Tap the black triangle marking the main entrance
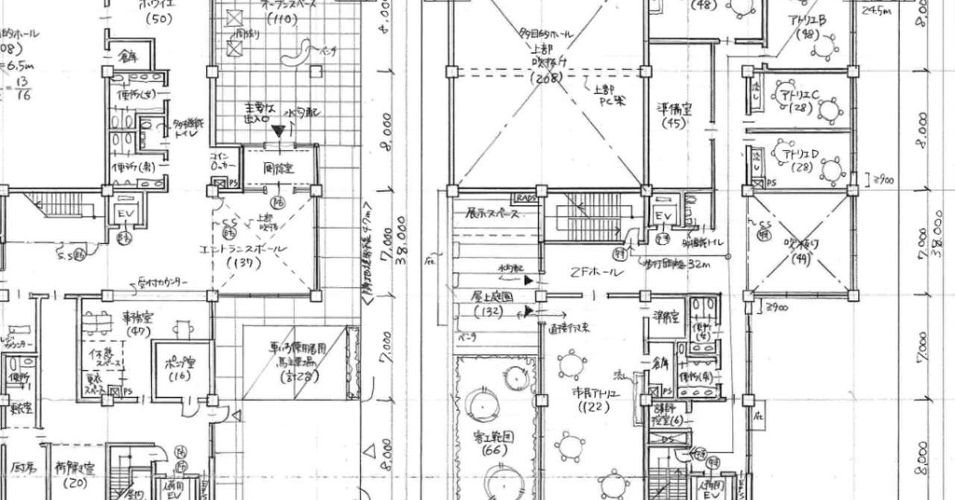pyautogui.click(x=278, y=131)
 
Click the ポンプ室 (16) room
pyautogui.click(x=178, y=369)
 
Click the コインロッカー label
pyautogui.click(x=222, y=160)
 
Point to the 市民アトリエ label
pyautogui.click(x=592, y=394)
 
